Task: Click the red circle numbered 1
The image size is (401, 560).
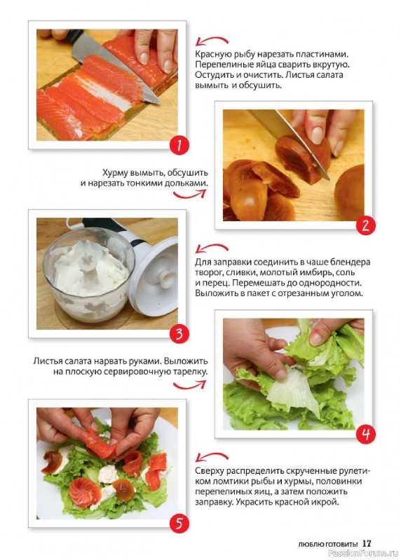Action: pyautogui.click(x=179, y=146)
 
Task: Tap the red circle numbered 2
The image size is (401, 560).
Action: pyautogui.click(x=365, y=226)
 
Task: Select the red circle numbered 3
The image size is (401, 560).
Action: pyautogui.click(x=179, y=335)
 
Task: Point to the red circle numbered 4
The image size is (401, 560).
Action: pyautogui.click(x=365, y=434)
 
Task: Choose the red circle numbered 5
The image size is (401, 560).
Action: pyautogui.click(x=179, y=524)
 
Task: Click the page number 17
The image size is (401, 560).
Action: pyautogui.click(x=367, y=543)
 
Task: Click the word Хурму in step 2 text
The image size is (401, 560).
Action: pyautogui.click(x=114, y=173)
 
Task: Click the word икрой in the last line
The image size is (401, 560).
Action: pyautogui.click(x=325, y=502)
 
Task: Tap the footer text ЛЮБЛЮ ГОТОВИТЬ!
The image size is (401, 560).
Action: pyautogui.click(x=327, y=545)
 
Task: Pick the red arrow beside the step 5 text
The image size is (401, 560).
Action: pyautogui.click(x=211, y=456)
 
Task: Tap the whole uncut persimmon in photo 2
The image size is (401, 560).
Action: pyautogui.click(x=351, y=192)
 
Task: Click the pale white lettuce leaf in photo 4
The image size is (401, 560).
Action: pyautogui.click(x=294, y=392)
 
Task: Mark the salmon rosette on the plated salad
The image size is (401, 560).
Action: pyautogui.click(x=84, y=493)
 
